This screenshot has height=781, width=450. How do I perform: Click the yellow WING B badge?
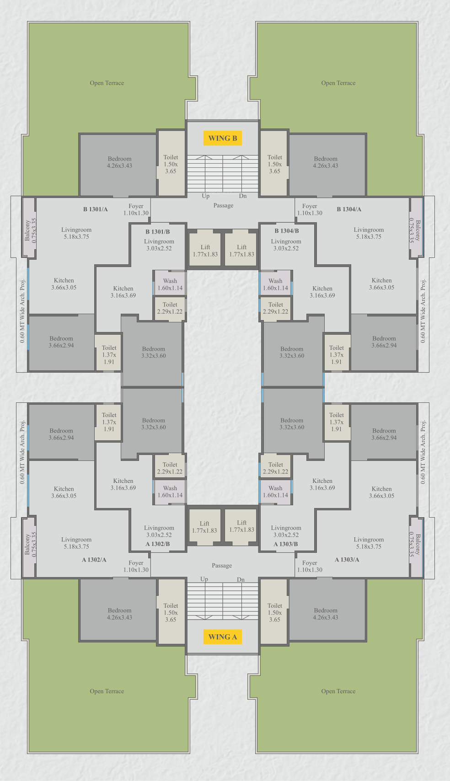[223, 138]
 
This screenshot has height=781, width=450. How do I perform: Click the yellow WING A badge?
[223, 637]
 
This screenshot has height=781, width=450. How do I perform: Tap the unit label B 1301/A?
[95, 209]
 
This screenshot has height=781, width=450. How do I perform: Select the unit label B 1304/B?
[287, 231]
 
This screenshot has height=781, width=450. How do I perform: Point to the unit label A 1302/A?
[94, 560]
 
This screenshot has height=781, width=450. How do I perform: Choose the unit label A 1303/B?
[286, 544]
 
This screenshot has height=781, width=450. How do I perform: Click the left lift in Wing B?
[205, 251]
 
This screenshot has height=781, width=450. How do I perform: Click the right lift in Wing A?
[242, 526]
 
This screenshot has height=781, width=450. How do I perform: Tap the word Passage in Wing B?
[223, 206]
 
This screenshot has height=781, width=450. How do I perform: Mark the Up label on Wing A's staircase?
[204, 579]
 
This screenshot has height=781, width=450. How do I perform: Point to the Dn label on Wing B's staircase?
[243, 196]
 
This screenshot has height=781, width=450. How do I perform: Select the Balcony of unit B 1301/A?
[29, 228]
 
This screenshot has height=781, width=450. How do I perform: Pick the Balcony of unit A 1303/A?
[415, 547]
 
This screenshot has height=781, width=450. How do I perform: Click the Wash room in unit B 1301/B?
[170, 284]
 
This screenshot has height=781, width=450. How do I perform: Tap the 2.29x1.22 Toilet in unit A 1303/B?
[275, 468]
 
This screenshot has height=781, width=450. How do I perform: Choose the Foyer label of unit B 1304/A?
[310, 209]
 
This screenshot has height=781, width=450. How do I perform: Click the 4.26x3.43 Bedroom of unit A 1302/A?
[119, 614]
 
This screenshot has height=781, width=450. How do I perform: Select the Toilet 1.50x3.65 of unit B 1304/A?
[274, 164]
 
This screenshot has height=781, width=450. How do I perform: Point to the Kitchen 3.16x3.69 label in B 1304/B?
[322, 292]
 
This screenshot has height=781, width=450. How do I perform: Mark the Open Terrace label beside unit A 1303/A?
[338, 691]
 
